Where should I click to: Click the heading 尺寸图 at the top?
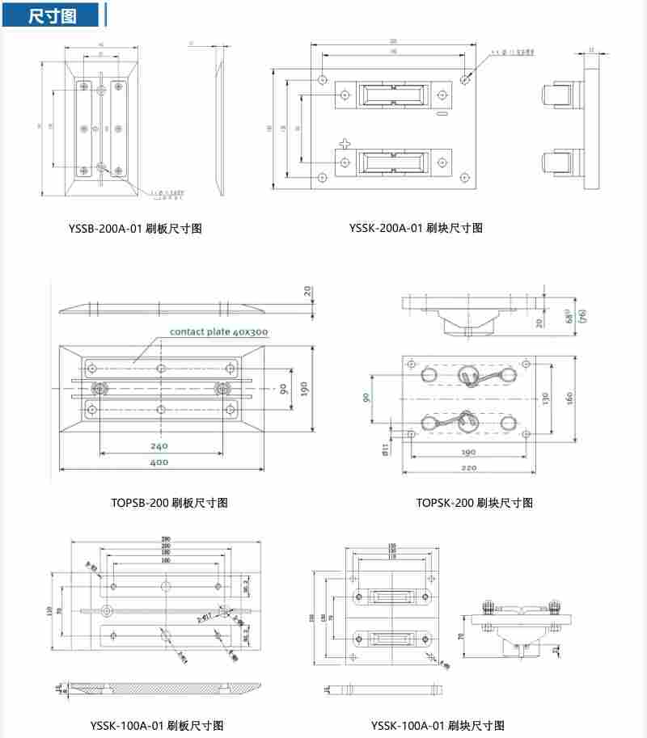coord(53,16)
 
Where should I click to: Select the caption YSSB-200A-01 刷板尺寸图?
coord(135,229)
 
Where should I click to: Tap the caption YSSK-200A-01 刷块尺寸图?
coord(416,229)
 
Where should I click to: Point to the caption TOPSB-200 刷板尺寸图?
coord(169,503)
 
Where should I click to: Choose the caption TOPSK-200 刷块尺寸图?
coord(475,503)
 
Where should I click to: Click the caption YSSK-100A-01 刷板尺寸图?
coord(157,725)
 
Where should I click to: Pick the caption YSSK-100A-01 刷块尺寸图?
coord(438,725)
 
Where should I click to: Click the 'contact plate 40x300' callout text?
coord(218,332)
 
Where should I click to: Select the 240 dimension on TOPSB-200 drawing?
coord(159,445)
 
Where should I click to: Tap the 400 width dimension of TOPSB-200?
coord(159,462)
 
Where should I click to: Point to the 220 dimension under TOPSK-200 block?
coord(467,467)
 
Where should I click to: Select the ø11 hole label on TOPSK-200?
coord(386,448)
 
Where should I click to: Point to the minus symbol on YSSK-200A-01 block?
coord(442,115)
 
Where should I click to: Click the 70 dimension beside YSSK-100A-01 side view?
coord(460,636)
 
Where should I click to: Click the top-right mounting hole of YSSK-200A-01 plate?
coord(464,79)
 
